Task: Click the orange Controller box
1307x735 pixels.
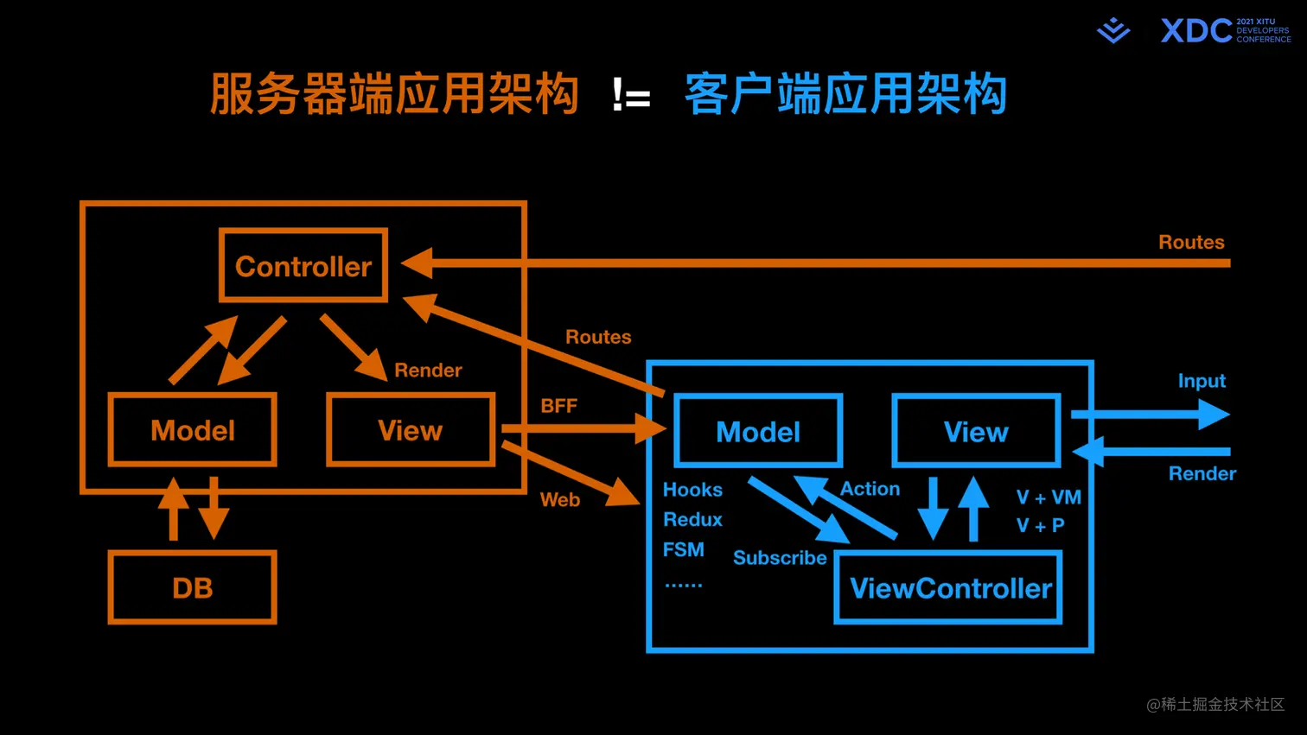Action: tap(303, 266)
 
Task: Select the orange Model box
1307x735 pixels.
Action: tap(193, 430)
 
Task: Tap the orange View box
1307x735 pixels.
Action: tap(411, 430)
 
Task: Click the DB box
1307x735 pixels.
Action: tap(193, 587)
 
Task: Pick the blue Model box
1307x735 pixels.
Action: tap(758, 431)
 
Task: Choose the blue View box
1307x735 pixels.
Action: tap(976, 431)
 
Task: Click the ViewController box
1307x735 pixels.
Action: tap(948, 588)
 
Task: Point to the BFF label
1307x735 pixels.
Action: tap(558, 406)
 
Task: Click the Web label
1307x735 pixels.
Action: tap(559, 499)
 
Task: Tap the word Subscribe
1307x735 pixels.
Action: tap(779, 558)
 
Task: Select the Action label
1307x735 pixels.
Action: tap(870, 489)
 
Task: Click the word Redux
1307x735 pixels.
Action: tap(692, 519)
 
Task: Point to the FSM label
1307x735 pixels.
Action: tap(683, 549)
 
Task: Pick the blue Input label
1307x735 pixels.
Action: tap(1202, 381)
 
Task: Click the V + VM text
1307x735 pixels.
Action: tap(1049, 497)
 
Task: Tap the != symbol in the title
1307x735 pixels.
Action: tap(631, 95)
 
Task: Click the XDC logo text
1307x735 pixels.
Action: tap(1195, 31)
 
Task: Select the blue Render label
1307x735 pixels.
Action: tap(1202, 473)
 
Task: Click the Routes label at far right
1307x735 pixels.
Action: tap(1191, 242)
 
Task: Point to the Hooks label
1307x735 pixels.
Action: tap(692, 490)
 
